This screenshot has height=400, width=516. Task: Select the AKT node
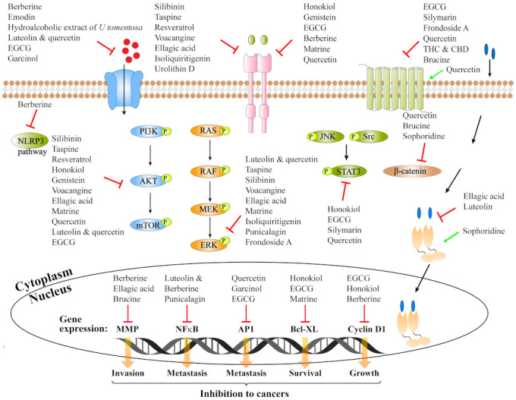tap(151, 181)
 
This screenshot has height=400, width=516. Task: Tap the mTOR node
tap(152, 225)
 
